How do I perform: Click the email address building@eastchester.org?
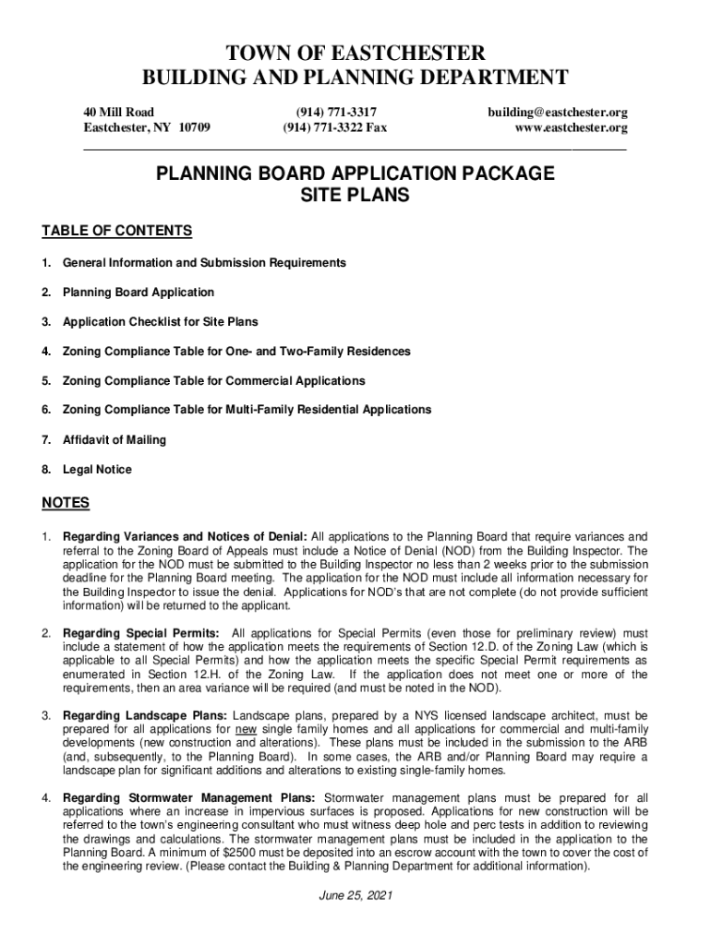[x=558, y=112]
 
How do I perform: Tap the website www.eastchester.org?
[x=571, y=127]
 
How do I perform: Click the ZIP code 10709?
[x=191, y=127]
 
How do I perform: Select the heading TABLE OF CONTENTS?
[x=116, y=231]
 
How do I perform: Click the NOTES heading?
[x=66, y=503]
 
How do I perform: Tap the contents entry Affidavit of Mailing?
[x=114, y=440]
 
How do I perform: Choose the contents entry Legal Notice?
[x=97, y=470]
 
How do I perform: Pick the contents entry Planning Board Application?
[x=139, y=293]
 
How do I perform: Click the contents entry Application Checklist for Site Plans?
[x=161, y=322]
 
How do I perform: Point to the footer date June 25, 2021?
[x=355, y=896]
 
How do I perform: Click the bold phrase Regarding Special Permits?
[x=141, y=633]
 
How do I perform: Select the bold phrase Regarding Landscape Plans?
[x=145, y=715]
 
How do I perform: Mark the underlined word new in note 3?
[x=246, y=729]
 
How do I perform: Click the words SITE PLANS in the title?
[x=355, y=196]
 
